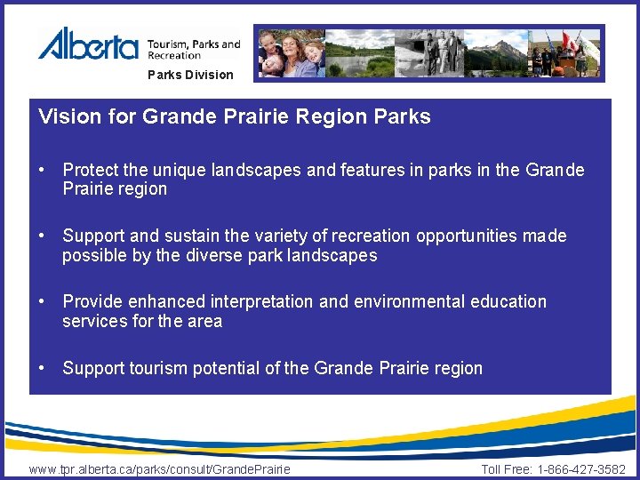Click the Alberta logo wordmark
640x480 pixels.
87,44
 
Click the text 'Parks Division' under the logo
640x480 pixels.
190,75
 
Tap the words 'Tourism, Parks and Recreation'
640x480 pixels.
193,49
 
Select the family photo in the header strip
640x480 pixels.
291,53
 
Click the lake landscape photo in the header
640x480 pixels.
359,53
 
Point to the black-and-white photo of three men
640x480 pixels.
438,53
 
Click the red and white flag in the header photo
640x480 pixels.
570,43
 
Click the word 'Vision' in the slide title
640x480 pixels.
64,117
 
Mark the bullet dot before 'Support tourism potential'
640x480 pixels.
42,367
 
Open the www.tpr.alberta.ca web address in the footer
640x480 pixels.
160,468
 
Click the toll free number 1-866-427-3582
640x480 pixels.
586,468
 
